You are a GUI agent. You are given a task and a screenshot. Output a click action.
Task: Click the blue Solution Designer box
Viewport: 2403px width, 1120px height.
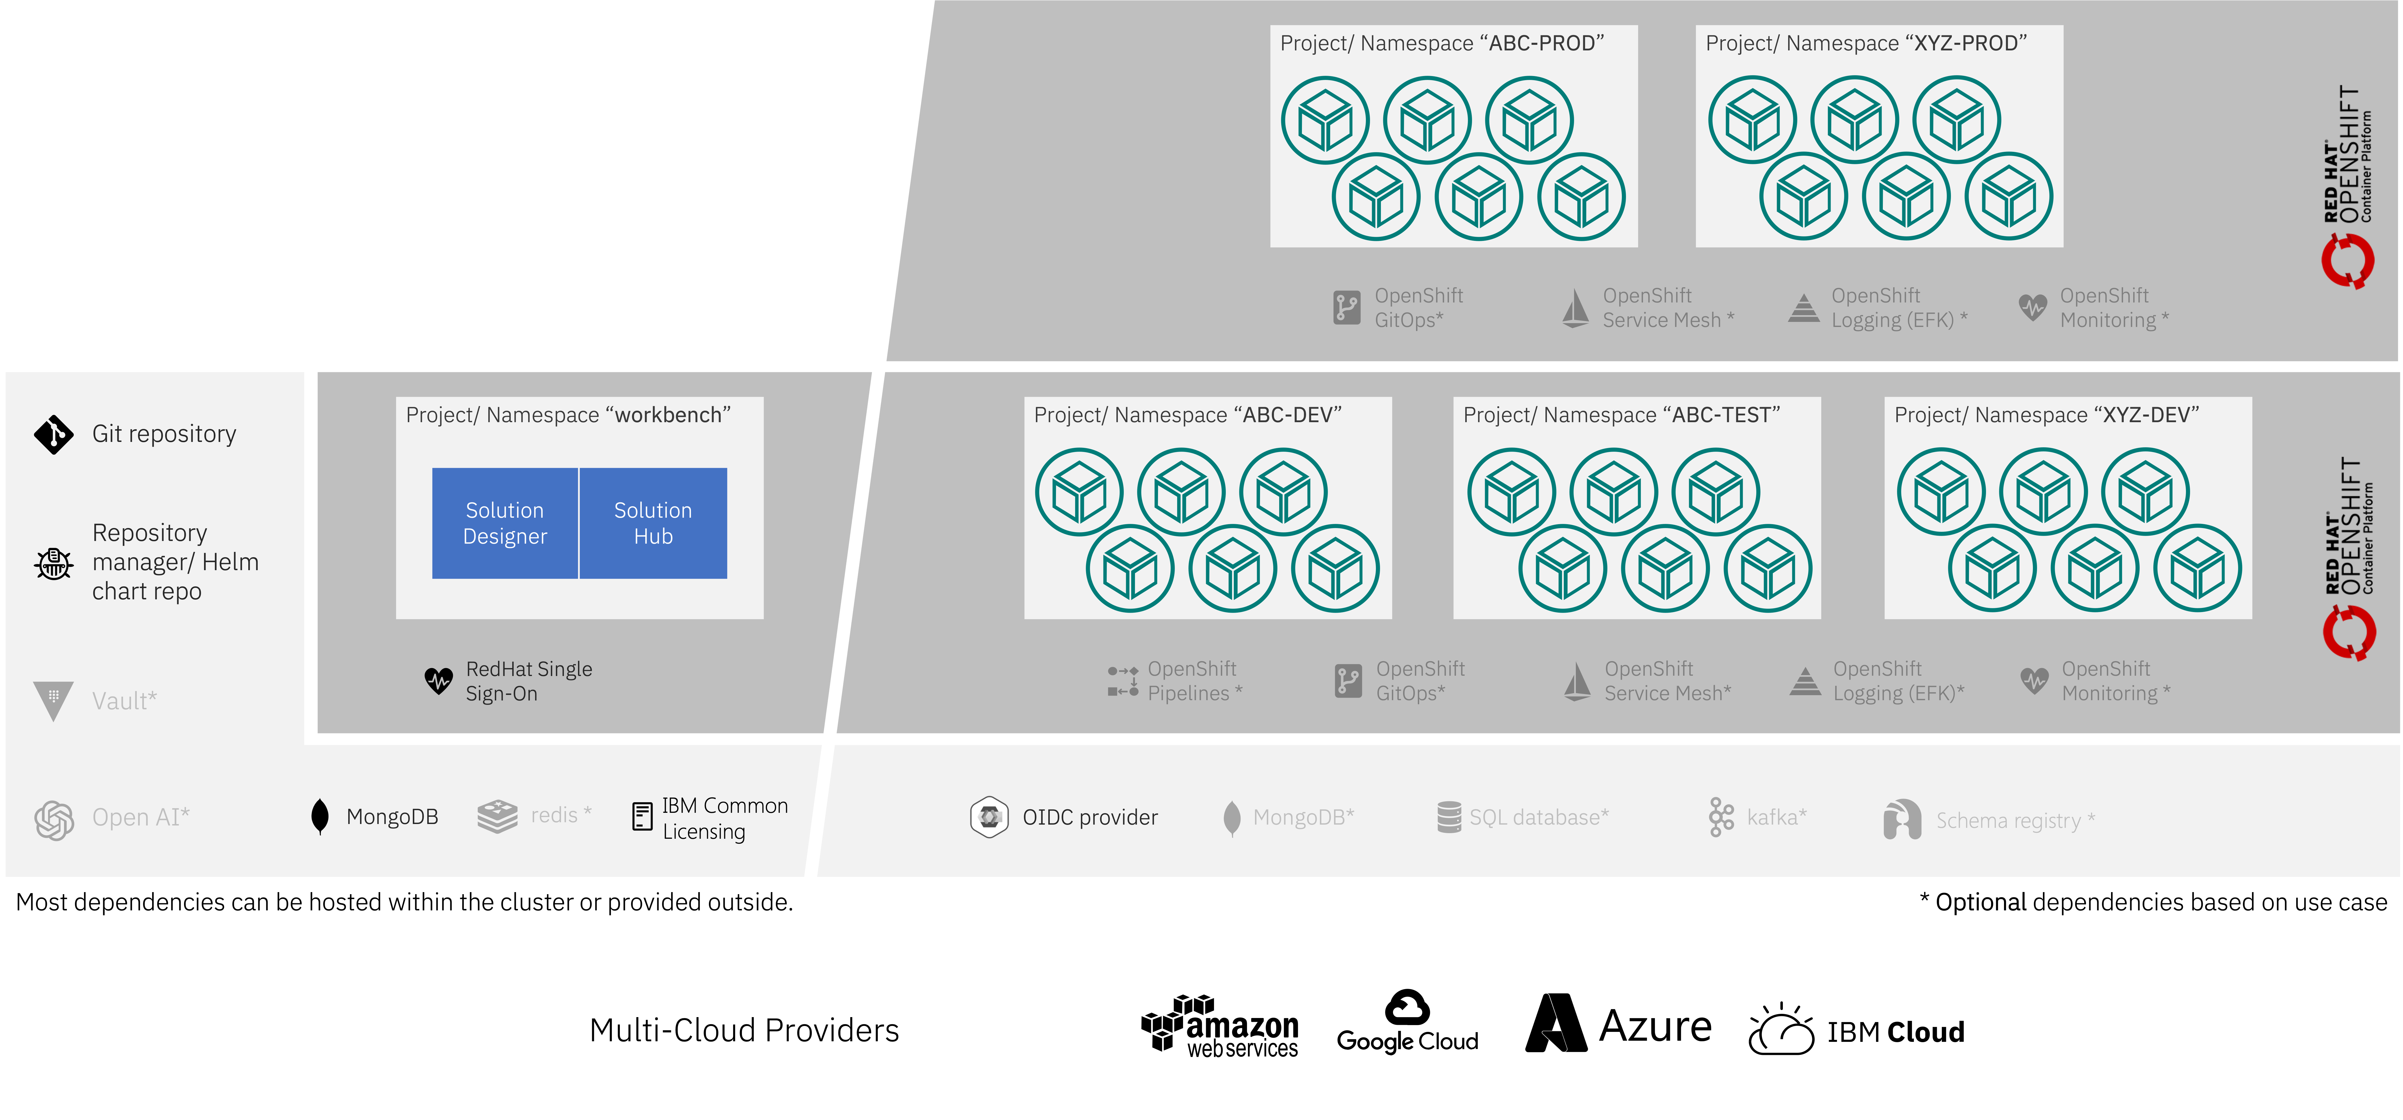pos(505,523)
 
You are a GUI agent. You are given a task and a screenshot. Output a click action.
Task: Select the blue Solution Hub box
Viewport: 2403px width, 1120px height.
pos(653,523)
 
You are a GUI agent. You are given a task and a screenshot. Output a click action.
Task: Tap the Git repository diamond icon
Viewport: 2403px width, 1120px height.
pos(53,435)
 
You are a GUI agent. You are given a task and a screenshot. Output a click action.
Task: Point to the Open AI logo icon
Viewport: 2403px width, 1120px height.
pos(54,820)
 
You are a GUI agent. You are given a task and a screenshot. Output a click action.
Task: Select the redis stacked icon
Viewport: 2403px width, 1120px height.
pos(497,816)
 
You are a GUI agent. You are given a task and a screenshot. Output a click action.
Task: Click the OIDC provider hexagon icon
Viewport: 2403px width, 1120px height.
pos(989,817)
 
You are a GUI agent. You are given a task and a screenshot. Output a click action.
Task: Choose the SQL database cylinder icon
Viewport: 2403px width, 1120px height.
pos(1449,817)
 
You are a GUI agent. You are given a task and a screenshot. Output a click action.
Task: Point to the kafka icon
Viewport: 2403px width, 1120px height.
pos(1721,817)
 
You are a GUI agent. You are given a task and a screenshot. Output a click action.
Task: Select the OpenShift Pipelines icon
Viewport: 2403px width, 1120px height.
pos(1122,681)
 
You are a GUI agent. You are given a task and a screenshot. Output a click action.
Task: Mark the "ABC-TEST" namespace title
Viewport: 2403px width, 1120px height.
pos(1621,415)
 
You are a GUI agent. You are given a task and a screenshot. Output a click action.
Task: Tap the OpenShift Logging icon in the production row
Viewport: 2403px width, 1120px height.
pos(1803,308)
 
